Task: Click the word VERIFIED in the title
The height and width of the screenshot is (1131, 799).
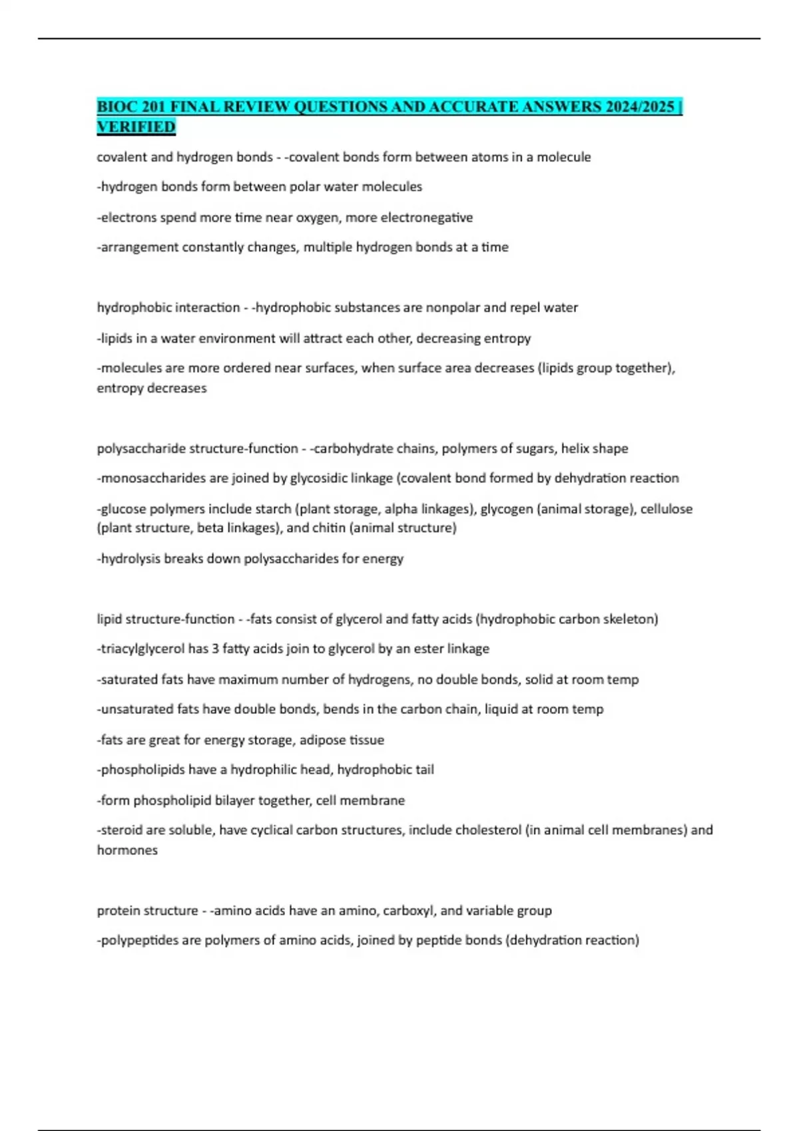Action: pyautogui.click(x=136, y=126)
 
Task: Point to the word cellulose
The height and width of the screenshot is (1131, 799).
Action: pyautogui.click(x=666, y=509)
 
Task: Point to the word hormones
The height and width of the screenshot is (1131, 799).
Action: pyautogui.click(x=127, y=850)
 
